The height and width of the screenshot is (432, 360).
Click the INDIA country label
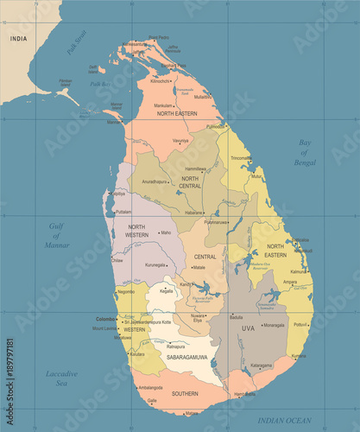16,38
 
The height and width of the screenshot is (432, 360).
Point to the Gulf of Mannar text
57,234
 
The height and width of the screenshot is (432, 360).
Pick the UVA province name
248,328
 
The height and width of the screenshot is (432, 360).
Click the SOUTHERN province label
184,393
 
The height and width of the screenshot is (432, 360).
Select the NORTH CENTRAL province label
190,181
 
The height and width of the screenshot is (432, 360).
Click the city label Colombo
105,319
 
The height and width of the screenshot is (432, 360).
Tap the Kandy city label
186,283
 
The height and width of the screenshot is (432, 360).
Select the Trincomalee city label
242,158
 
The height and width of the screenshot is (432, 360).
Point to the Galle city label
152,400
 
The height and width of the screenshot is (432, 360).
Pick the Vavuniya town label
180,139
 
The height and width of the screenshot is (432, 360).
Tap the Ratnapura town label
176,347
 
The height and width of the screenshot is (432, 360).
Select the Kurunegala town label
155,264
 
